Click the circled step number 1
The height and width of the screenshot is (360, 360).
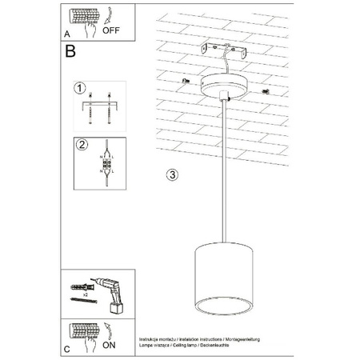[x=79, y=87]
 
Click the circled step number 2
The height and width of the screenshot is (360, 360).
[x=79, y=145]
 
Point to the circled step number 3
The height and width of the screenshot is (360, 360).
[x=172, y=174]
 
